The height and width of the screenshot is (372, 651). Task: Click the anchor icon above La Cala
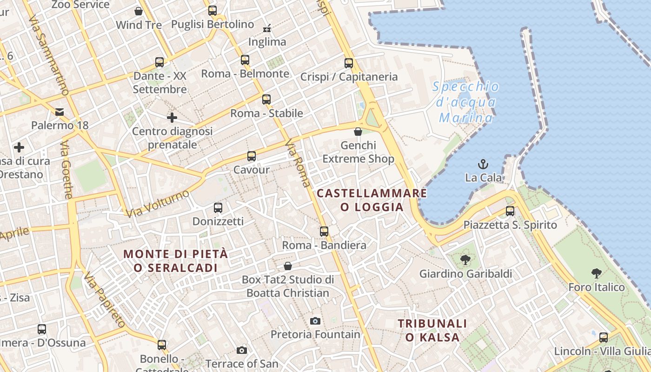484,164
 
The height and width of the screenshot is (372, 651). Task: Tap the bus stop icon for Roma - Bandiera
324,231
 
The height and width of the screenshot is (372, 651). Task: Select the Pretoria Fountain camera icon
315,321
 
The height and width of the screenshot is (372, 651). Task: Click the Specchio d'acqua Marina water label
466,102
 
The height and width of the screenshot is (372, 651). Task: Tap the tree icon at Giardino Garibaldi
465,260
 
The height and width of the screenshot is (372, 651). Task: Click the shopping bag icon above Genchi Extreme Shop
358,132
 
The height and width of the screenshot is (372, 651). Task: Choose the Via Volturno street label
158,203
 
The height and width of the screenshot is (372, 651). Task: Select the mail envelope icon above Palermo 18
60,112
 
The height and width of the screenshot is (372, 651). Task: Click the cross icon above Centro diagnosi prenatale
172,117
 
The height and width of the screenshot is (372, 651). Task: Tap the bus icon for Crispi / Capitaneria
349,63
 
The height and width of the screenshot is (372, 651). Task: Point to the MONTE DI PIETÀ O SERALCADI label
176,261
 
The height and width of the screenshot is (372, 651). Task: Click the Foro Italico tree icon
597,273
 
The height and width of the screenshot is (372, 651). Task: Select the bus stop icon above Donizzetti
218,207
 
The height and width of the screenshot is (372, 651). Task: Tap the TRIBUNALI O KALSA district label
432,330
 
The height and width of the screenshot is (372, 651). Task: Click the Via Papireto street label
105,300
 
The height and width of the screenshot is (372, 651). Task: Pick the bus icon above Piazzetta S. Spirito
510,211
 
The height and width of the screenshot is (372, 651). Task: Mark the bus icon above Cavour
252,156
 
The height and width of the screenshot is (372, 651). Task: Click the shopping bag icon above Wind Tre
139,11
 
